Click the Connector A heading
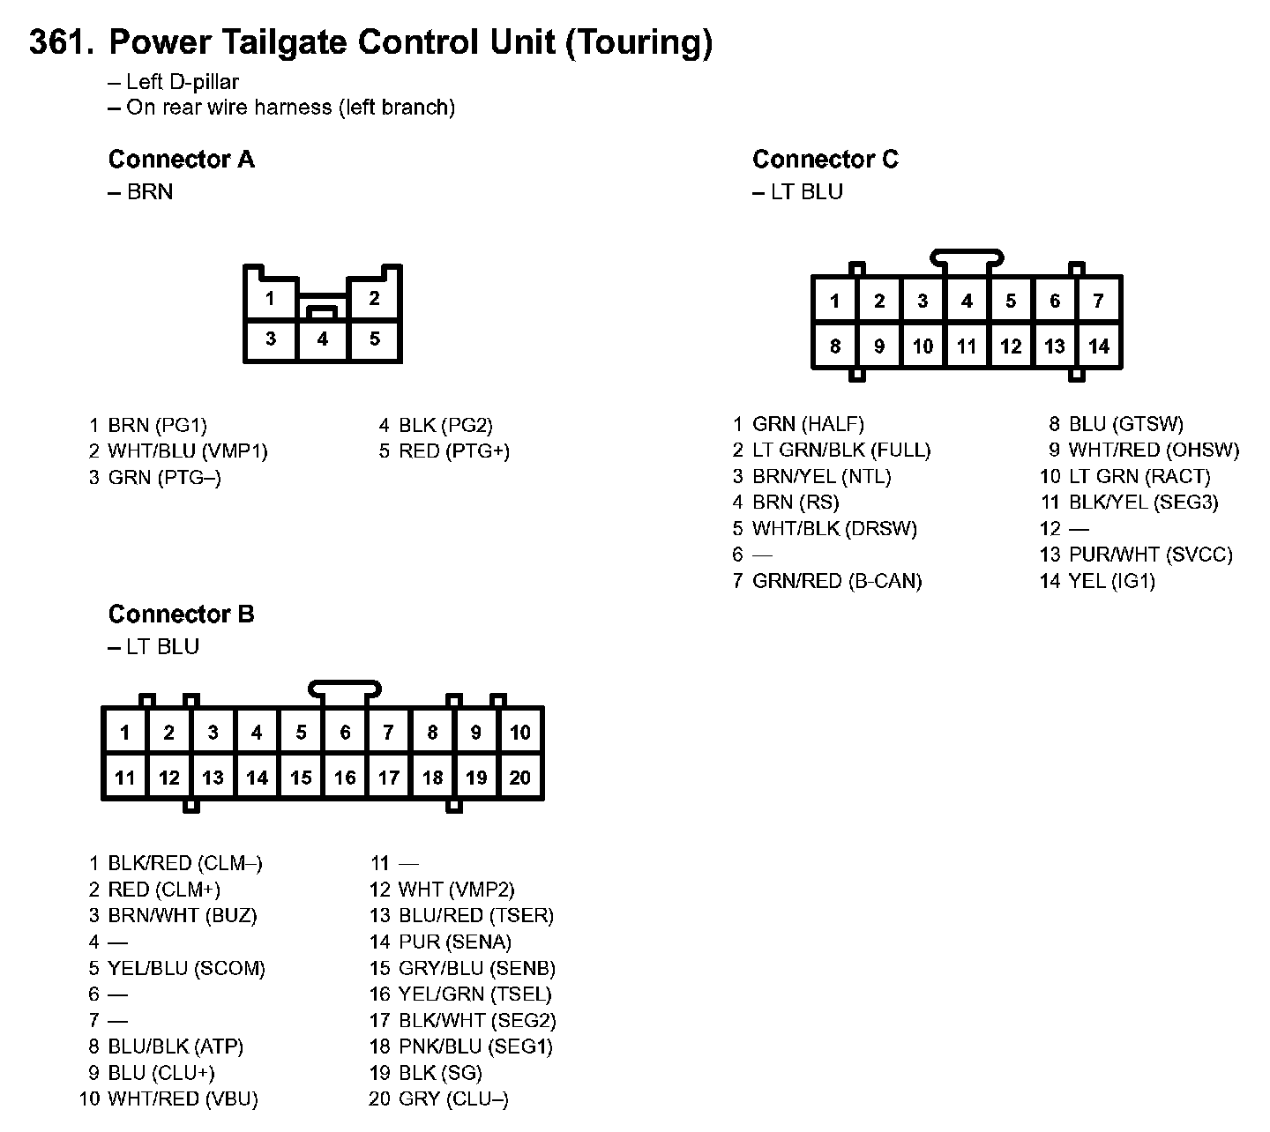[181, 160]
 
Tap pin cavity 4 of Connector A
[323, 339]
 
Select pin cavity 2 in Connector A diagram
[375, 298]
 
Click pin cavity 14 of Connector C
[1098, 346]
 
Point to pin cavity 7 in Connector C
[1098, 302]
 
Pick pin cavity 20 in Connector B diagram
[520, 778]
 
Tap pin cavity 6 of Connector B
[345, 733]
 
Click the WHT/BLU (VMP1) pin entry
[187, 451]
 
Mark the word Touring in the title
[638, 42]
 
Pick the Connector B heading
[181, 614]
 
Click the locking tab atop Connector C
[967, 257]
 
